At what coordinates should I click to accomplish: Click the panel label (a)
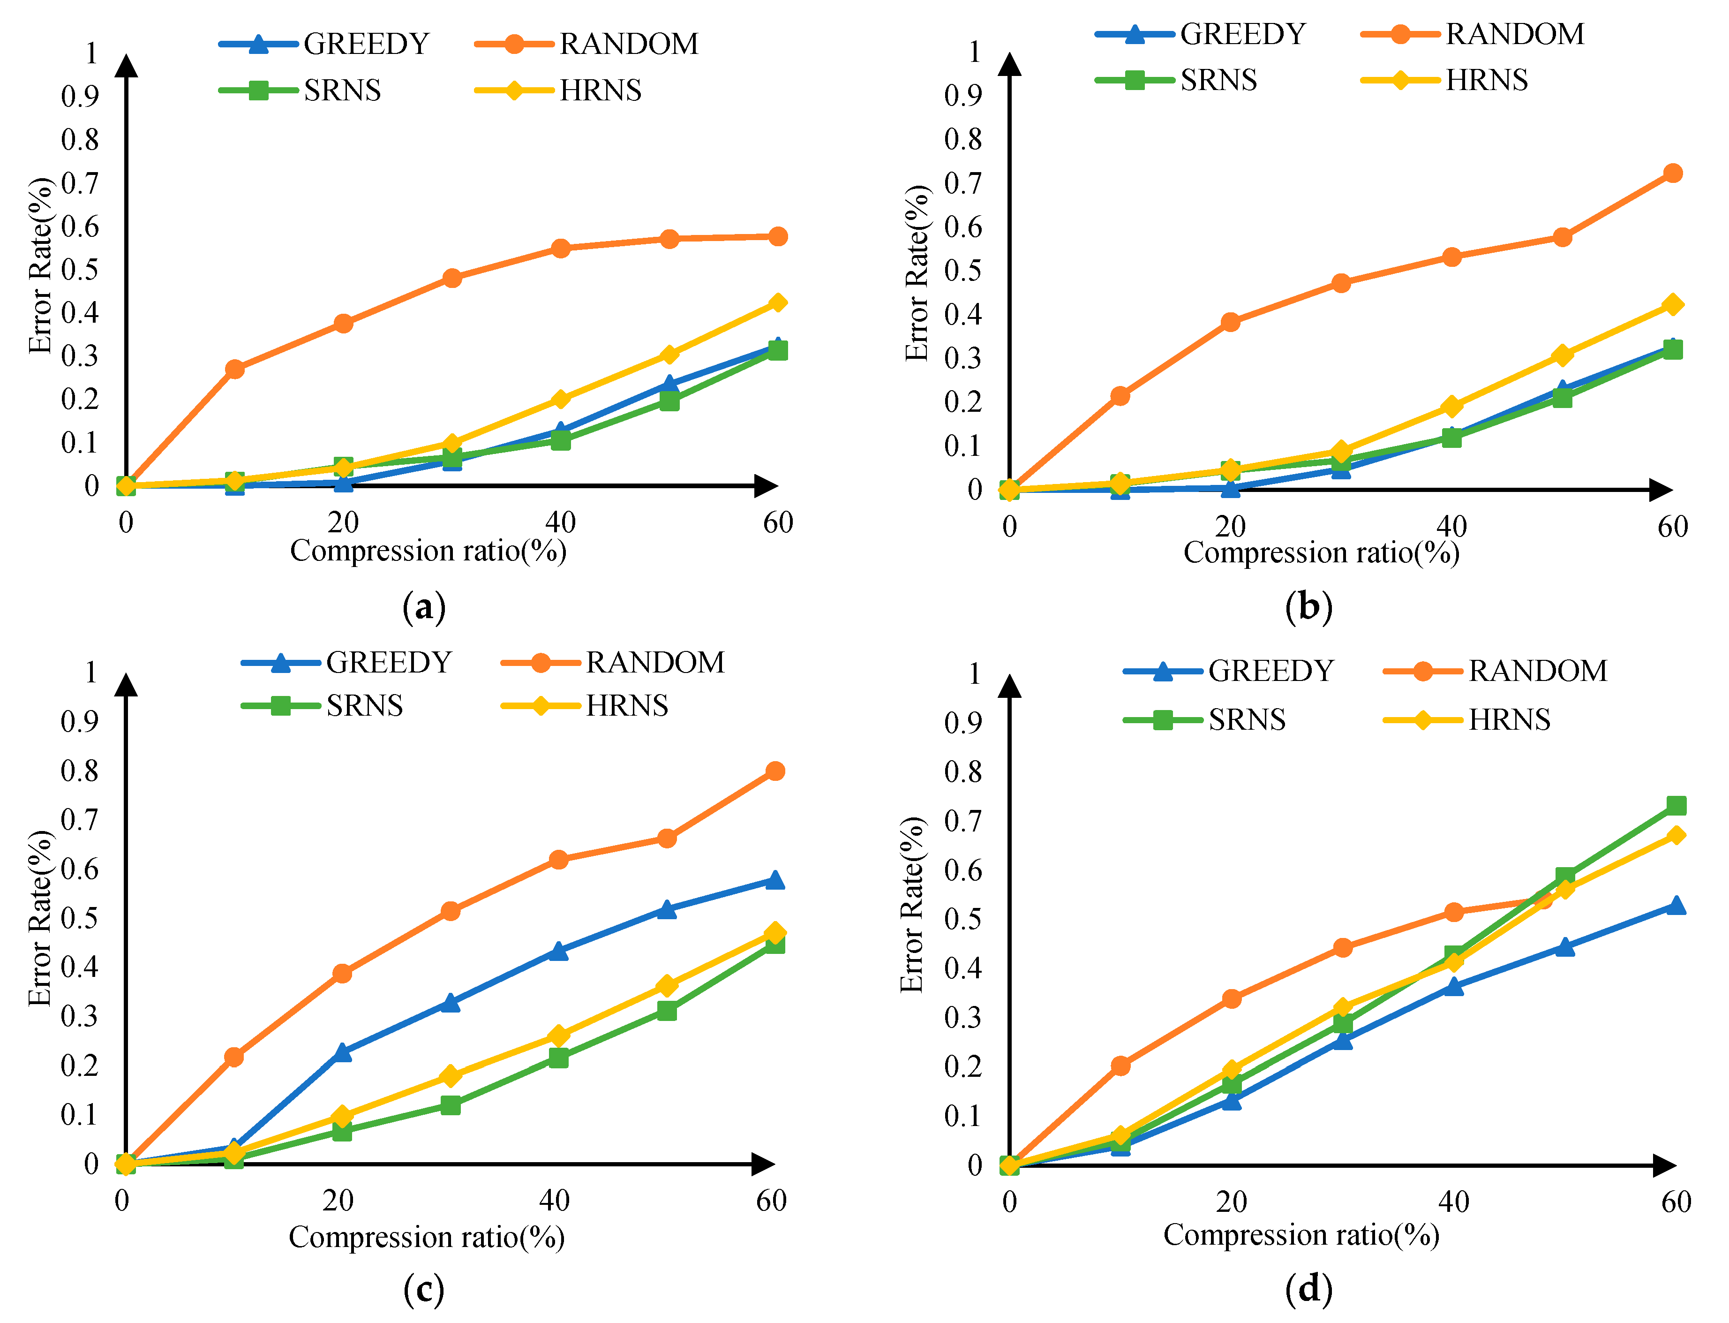(x=424, y=608)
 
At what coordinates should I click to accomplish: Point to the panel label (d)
(x=1308, y=1289)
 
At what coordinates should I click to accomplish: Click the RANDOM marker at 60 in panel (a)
(x=777, y=236)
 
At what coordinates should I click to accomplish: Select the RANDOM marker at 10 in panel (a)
(x=234, y=369)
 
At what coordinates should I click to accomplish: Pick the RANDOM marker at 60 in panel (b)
(x=1672, y=173)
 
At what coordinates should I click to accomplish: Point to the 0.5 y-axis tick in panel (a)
(x=80, y=269)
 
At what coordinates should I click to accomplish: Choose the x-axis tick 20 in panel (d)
(x=1232, y=1202)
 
